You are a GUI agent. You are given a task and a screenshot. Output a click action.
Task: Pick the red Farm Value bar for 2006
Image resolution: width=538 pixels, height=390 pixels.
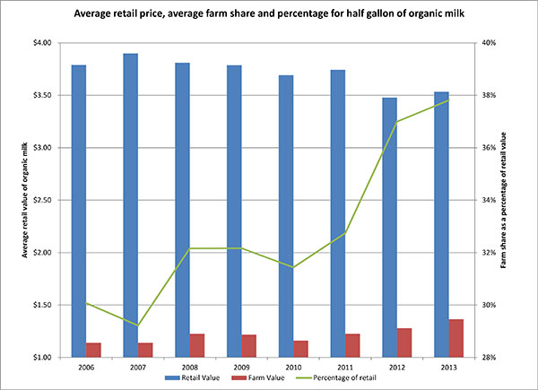point(93,350)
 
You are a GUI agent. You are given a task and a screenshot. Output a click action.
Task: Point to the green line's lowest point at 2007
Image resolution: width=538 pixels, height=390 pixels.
point(138,325)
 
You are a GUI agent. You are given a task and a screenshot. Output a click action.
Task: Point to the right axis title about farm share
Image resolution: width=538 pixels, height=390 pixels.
point(516,200)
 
